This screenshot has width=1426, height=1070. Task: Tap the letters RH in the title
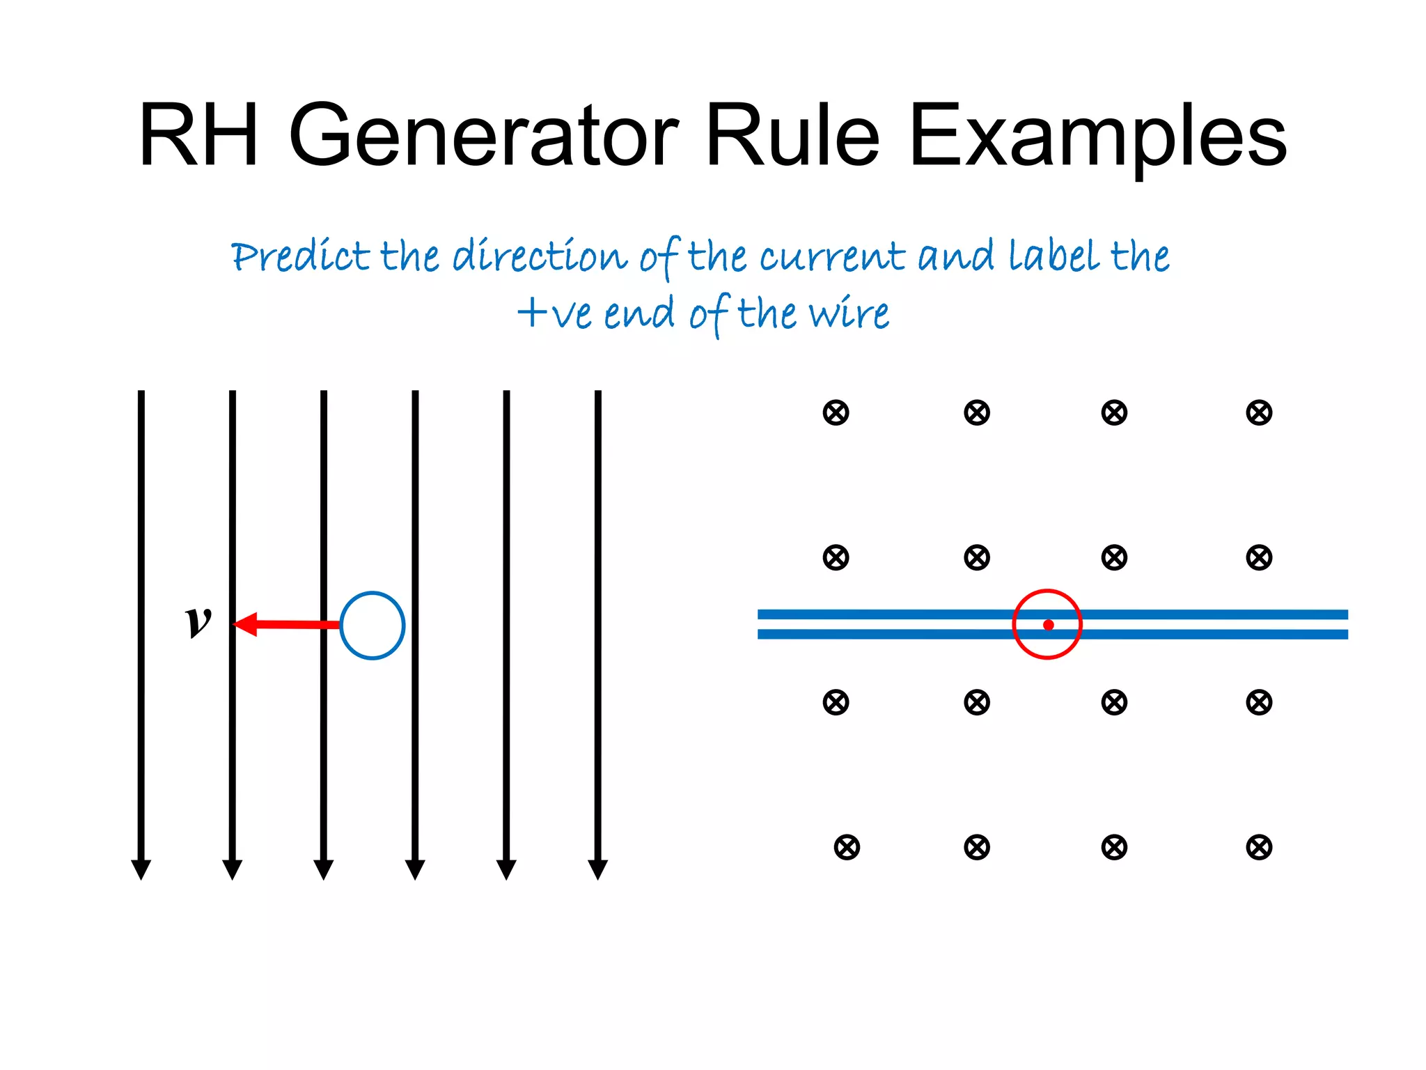(198, 136)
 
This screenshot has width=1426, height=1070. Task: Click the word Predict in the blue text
(300, 256)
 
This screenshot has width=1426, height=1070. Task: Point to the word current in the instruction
(832, 256)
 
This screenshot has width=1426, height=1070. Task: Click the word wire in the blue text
(849, 313)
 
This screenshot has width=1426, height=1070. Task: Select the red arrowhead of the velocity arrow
(246, 624)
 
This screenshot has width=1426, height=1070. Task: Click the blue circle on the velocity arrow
(373, 626)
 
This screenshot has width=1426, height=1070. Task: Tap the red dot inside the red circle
(1049, 625)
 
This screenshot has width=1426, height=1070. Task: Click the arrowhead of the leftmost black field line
(141, 869)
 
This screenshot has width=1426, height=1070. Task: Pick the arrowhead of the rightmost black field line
(598, 869)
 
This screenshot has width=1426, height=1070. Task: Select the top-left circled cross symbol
(836, 412)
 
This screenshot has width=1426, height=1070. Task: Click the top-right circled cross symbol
(1259, 412)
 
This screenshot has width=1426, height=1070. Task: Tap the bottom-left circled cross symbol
(847, 848)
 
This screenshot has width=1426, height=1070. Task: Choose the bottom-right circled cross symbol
(1259, 848)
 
